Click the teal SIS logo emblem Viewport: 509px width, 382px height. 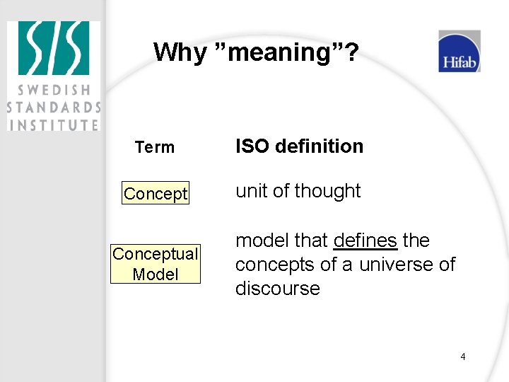[54, 48]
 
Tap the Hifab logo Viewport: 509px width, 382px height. [460, 52]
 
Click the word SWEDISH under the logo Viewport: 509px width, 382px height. [54, 91]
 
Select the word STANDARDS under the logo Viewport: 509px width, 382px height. [54, 108]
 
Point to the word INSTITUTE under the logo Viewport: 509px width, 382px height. [54, 125]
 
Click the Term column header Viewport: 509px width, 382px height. [155, 147]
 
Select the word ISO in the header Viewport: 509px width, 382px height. [252, 146]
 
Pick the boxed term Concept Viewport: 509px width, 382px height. [156, 193]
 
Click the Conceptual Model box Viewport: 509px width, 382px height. [156, 264]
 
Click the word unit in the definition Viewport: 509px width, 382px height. [250, 191]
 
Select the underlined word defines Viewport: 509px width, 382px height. [365, 241]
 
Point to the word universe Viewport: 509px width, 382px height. [397, 265]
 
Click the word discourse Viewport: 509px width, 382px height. [278, 289]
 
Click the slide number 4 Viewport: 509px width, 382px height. [463, 357]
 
